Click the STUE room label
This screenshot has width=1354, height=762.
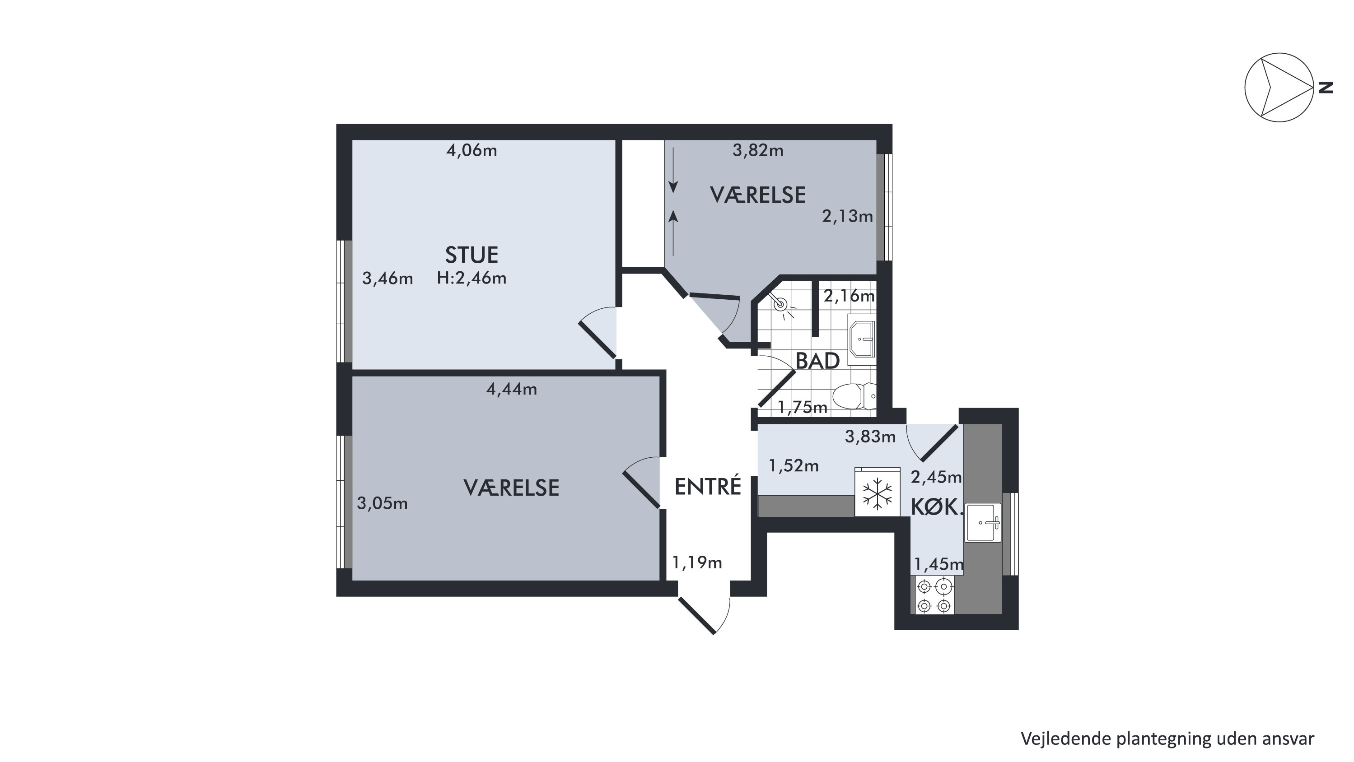[x=472, y=255]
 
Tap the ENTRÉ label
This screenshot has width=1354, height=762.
[x=708, y=486]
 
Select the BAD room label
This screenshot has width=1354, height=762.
[x=817, y=361]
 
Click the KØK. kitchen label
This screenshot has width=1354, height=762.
[x=937, y=507]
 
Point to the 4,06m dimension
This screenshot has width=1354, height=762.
[x=472, y=151]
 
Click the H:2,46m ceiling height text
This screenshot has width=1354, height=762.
[x=472, y=278]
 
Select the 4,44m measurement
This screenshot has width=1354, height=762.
[x=511, y=390]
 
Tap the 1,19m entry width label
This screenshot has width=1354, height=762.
[x=697, y=563]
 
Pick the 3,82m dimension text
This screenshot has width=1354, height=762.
[x=758, y=151]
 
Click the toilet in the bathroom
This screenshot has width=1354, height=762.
[x=854, y=396]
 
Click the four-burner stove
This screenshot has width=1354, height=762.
[x=935, y=595]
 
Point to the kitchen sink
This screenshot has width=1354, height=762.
[x=982, y=522]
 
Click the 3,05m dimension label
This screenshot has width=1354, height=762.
[x=382, y=504]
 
